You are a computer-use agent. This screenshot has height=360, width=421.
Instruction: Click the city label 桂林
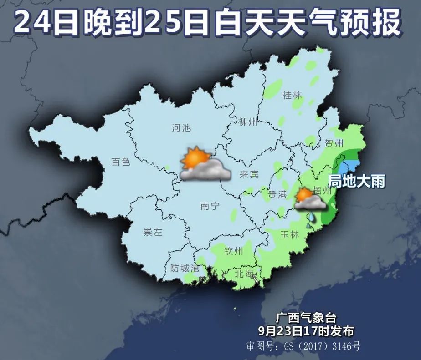(293, 96)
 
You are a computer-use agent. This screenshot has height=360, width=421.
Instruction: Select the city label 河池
(181, 128)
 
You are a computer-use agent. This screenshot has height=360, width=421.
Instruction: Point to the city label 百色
(121, 162)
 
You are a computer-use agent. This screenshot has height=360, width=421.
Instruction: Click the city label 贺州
(334, 144)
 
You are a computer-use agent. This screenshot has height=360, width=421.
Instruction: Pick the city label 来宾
(249, 175)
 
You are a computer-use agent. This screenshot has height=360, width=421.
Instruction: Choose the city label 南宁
(210, 206)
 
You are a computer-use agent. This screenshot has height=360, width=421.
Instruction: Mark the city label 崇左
(153, 233)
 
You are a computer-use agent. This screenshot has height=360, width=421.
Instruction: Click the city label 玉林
(289, 235)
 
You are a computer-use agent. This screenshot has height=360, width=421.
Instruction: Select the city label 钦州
(234, 251)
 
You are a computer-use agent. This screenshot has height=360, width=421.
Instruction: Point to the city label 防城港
(185, 269)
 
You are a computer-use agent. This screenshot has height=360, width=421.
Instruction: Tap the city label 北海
(244, 274)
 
